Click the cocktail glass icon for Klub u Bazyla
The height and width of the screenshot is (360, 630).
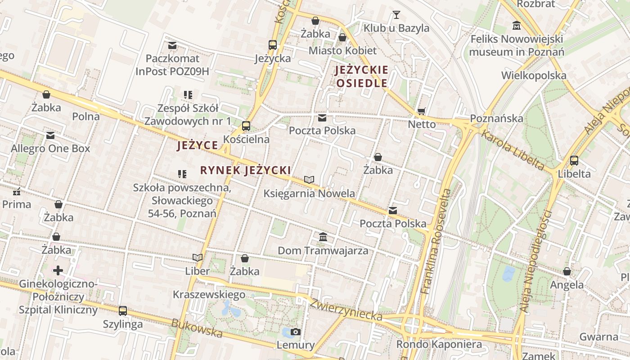(396, 15)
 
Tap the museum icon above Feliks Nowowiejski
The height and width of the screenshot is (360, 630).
(516, 25)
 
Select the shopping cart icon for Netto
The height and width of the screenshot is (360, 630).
(422, 111)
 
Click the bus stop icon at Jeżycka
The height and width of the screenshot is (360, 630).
(273, 45)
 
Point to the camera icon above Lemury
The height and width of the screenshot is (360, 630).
(296, 332)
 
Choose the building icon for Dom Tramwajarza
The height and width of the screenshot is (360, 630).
(323, 237)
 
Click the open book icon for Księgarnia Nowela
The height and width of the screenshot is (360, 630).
(309, 180)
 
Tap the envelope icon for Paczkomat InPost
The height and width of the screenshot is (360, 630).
(172, 45)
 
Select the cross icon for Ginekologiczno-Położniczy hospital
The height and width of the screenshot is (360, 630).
(58, 270)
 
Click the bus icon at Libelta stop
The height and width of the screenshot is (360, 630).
(574, 160)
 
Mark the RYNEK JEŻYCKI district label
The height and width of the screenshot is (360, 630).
(245, 171)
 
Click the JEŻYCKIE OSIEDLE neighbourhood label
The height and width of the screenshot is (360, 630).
(361, 76)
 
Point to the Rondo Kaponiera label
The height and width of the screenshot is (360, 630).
(439, 345)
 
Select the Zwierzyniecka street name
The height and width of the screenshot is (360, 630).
(346, 310)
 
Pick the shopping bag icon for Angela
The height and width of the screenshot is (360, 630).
(567, 271)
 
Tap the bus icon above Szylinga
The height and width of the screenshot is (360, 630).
(123, 310)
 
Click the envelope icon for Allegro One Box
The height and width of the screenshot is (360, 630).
(50, 135)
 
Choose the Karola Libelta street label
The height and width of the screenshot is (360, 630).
(513, 150)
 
